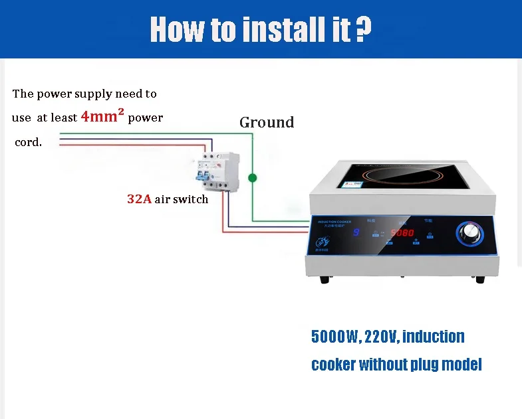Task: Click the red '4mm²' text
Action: click(x=102, y=118)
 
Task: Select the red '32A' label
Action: click(x=139, y=199)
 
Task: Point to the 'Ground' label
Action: click(x=267, y=122)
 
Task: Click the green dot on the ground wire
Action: click(x=253, y=178)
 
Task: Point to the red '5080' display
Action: click(x=402, y=233)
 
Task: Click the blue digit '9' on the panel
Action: click(x=356, y=233)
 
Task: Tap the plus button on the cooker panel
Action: click(x=416, y=240)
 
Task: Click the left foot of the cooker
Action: click(x=324, y=280)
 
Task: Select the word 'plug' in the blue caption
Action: click(x=434, y=365)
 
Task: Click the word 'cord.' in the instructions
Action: click(x=28, y=143)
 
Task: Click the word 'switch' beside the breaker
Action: click(x=192, y=199)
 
